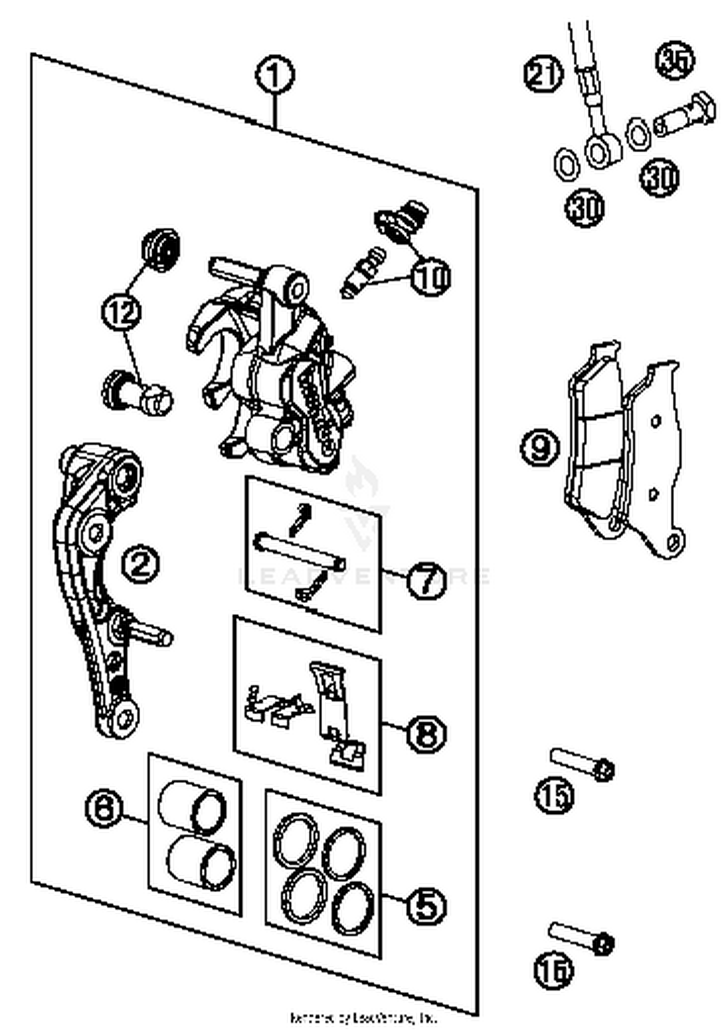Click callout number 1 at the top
275,75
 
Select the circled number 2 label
140,564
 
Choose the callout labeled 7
426,580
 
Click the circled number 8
426,733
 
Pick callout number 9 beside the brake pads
540,447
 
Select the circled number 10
430,277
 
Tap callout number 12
121,312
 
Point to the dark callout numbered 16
553,970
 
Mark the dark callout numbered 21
544,74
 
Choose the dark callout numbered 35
675,60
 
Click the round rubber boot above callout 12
161,250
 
